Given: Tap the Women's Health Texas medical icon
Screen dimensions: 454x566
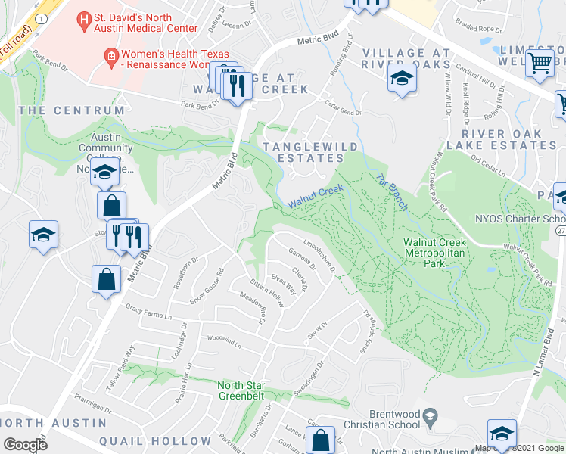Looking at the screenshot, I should pyautogui.click(x=110, y=54).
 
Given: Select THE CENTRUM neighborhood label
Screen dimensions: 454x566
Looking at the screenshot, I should pyautogui.click(x=71, y=110).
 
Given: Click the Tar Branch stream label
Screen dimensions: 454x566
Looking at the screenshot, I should pyautogui.click(x=392, y=192).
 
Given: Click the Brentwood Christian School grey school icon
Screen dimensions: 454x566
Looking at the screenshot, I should pyautogui.click(x=430, y=414).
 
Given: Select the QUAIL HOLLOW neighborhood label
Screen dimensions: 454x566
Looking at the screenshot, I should pyautogui.click(x=159, y=441).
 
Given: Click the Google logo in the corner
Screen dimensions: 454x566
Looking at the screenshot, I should pyautogui.click(x=25, y=444).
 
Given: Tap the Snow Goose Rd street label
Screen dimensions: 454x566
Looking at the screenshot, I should pyautogui.click(x=207, y=283).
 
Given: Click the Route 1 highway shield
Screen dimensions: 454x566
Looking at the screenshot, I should pyautogui.click(x=39, y=17).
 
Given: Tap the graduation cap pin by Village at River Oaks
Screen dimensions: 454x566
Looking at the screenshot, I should pyautogui.click(x=402, y=79).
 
